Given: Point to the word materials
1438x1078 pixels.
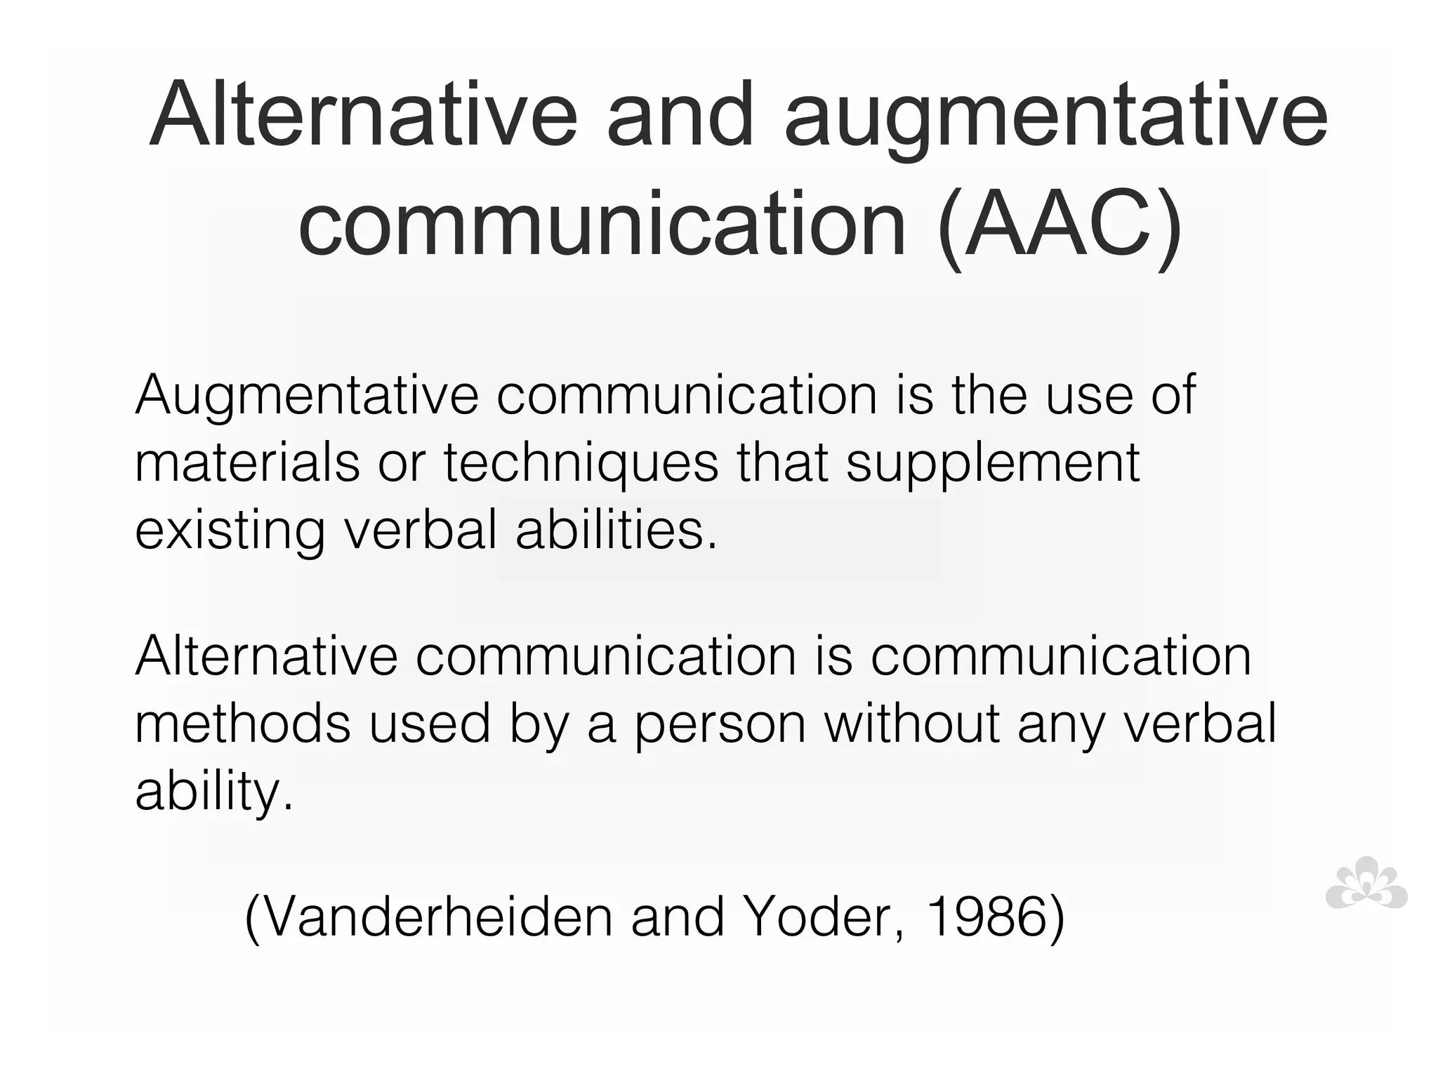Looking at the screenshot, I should [x=246, y=463].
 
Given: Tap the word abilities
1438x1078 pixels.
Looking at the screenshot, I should [x=617, y=530].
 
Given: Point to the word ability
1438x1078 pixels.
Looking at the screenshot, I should [x=213, y=792].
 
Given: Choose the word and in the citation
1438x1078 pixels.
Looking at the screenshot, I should [x=678, y=917].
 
